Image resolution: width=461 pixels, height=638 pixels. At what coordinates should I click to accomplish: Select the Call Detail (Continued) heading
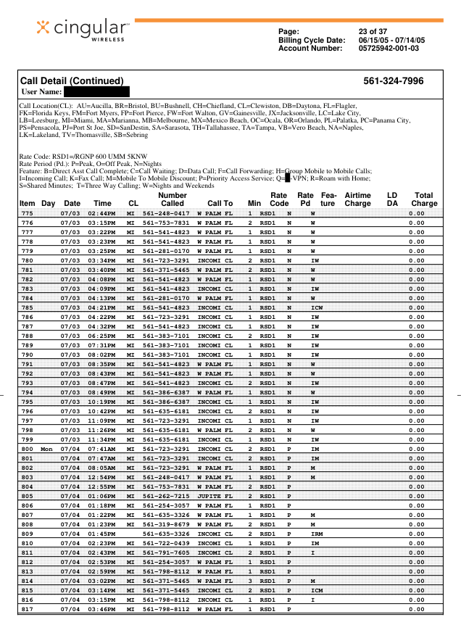72,81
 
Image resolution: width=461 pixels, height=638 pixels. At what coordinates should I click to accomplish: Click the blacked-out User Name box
96,92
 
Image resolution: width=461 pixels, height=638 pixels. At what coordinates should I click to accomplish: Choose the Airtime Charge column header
357,199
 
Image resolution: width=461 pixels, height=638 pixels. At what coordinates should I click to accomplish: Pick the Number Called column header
173,199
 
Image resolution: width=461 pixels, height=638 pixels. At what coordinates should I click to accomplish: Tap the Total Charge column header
424,199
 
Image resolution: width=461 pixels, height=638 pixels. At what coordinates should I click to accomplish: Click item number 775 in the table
27,214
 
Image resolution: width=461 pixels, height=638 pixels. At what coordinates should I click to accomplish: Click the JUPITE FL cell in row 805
215,497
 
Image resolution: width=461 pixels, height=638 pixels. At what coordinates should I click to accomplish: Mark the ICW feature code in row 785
316,308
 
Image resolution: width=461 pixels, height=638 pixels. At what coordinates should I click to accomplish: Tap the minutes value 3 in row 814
250,581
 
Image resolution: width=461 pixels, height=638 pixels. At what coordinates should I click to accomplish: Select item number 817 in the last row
27,610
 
